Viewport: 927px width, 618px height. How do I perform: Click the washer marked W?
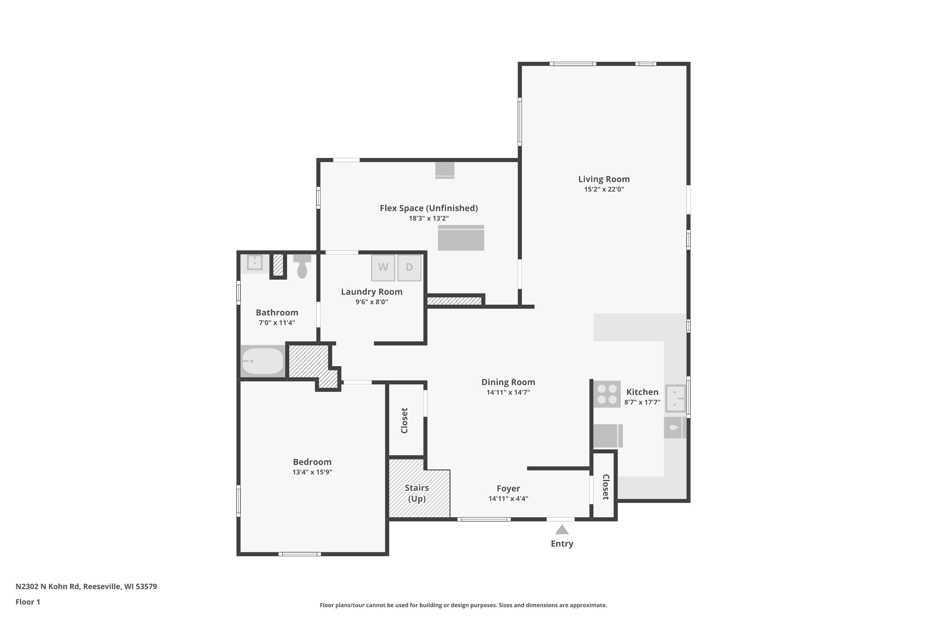click(383, 268)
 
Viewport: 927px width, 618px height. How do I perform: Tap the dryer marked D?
click(409, 268)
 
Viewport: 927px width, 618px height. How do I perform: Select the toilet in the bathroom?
click(302, 266)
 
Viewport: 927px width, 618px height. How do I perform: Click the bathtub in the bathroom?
click(262, 361)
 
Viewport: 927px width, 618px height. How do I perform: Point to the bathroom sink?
click(255, 262)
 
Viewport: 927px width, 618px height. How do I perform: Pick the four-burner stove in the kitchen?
click(607, 394)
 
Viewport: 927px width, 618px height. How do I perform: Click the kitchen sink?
click(675, 399)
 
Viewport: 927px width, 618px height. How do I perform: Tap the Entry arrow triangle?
click(562, 529)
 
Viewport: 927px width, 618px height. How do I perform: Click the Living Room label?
click(604, 179)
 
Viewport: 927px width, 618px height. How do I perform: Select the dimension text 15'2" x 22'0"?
click(604, 189)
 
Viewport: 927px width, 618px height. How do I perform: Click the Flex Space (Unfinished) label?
click(429, 208)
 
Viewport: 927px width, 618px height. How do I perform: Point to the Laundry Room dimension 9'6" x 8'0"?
click(372, 302)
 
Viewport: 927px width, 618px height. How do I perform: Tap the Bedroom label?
click(312, 462)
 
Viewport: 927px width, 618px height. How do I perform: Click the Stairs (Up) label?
click(417, 493)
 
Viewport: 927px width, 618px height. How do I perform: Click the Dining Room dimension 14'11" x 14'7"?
click(508, 392)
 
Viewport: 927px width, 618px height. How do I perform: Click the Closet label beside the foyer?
click(606, 487)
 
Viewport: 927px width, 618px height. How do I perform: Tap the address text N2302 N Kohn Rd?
click(48, 586)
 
